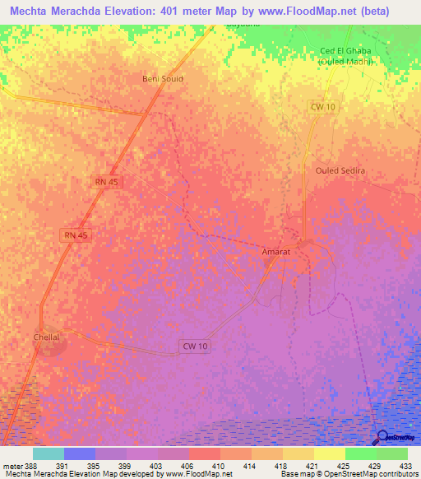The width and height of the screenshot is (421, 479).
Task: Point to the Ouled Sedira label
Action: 340,170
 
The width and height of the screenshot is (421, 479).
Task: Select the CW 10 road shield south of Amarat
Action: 195,346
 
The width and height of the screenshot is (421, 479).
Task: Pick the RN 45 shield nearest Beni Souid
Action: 107,181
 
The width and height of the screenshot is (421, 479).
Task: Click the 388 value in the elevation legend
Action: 26,467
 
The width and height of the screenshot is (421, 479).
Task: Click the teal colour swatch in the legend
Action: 49,453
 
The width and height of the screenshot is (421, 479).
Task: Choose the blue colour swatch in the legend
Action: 80,453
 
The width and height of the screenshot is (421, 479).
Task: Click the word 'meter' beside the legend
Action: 9,467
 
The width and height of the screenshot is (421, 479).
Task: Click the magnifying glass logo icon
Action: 380,437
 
